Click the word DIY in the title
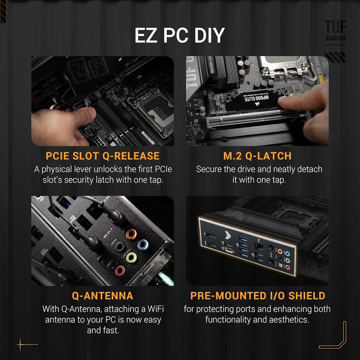(x=205, y=36)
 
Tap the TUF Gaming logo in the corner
(x=334, y=35)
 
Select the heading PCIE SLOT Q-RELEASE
(x=102, y=156)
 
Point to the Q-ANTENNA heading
(x=102, y=295)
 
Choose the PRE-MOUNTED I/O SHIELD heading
(x=257, y=295)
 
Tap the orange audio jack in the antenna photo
(x=132, y=234)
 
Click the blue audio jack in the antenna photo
(x=142, y=245)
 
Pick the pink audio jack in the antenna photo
(x=120, y=271)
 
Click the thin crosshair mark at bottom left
(x=21, y=344)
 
